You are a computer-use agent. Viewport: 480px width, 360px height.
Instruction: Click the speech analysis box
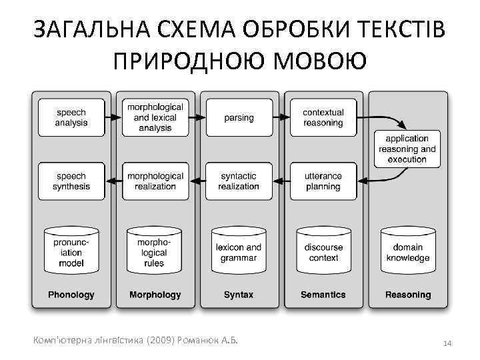coord(71,118)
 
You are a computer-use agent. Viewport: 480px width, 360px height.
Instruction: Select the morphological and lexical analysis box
coord(155,118)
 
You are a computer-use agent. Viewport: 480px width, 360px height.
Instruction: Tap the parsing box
coord(239,118)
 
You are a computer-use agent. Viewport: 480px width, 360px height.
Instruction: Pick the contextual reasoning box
coord(323,118)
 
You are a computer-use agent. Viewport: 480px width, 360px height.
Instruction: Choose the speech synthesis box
coord(71,181)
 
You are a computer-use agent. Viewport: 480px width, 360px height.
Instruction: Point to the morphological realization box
coord(155,181)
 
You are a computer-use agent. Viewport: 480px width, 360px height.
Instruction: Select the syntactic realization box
coord(239,181)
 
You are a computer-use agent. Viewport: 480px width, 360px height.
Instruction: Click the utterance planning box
coord(323,181)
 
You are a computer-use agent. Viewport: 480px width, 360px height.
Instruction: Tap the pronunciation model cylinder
coord(71,252)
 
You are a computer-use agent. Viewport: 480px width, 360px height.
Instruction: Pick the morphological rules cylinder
coord(155,252)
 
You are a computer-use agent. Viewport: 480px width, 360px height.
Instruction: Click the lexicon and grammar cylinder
coord(239,252)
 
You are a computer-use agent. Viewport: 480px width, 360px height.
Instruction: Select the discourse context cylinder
coord(323,252)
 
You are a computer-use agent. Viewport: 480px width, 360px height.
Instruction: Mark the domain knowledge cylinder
coord(407,252)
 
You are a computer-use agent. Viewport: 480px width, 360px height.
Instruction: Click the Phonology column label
coord(71,295)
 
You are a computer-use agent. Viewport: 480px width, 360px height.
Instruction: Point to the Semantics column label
coord(323,295)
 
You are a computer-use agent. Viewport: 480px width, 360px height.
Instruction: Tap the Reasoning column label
coord(408,295)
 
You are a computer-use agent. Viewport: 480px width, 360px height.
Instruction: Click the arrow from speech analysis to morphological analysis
coord(114,117)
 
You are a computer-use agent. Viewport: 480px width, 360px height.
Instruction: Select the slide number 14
coord(447,343)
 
